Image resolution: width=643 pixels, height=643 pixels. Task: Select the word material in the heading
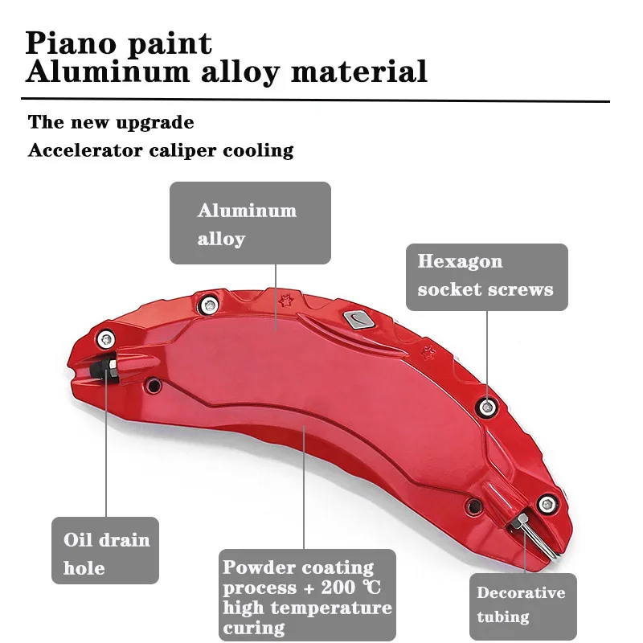click(x=358, y=72)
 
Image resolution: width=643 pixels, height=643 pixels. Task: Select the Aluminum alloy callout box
click(x=250, y=223)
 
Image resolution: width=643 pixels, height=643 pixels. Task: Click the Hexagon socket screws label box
click(x=486, y=276)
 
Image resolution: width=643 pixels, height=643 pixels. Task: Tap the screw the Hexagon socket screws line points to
click(x=485, y=406)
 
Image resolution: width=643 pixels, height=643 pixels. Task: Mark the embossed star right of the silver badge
click(x=428, y=351)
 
